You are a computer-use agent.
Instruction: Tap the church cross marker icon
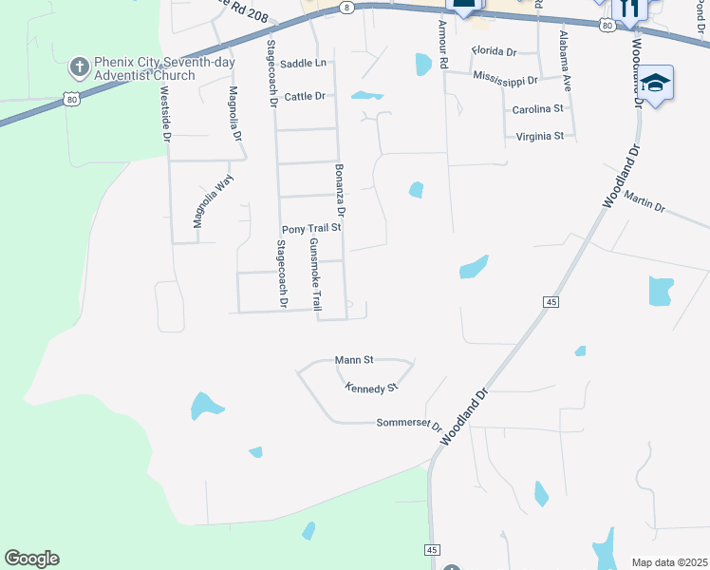(81, 68)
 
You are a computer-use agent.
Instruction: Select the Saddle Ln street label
(304, 63)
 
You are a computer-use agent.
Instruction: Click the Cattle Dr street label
(305, 96)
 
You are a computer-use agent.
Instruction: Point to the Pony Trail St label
(311, 229)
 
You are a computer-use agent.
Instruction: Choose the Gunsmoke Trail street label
(316, 275)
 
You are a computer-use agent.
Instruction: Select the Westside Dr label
(165, 113)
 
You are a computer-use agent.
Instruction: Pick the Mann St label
(355, 360)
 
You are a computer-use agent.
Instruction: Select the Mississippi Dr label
(505, 79)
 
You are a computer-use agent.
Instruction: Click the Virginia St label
(540, 136)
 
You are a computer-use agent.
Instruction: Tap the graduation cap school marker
(655, 84)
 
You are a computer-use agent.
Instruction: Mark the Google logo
(31, 559)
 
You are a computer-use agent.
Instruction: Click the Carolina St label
(537, 109)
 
